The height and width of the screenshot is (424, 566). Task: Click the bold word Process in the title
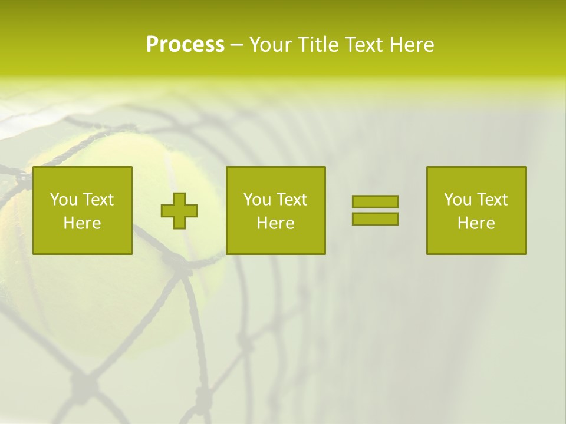[185, 45]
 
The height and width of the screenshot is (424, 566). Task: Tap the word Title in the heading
[316, 45]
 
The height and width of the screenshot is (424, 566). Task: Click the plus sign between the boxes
[179, 210]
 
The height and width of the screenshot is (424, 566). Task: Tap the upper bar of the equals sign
[375, 201]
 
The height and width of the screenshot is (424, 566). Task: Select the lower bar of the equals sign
[375, 218]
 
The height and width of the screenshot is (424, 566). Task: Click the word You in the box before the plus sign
[64, 200]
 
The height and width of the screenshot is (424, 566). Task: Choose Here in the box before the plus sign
[82, 223]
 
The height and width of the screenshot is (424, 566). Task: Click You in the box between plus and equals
[257, 200]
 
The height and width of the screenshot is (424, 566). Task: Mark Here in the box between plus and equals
[275, 223]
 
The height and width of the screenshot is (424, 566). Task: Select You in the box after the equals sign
[458, 200]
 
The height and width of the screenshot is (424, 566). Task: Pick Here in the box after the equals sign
[476, 223]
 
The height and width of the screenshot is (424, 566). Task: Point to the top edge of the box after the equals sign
[476, 167]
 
